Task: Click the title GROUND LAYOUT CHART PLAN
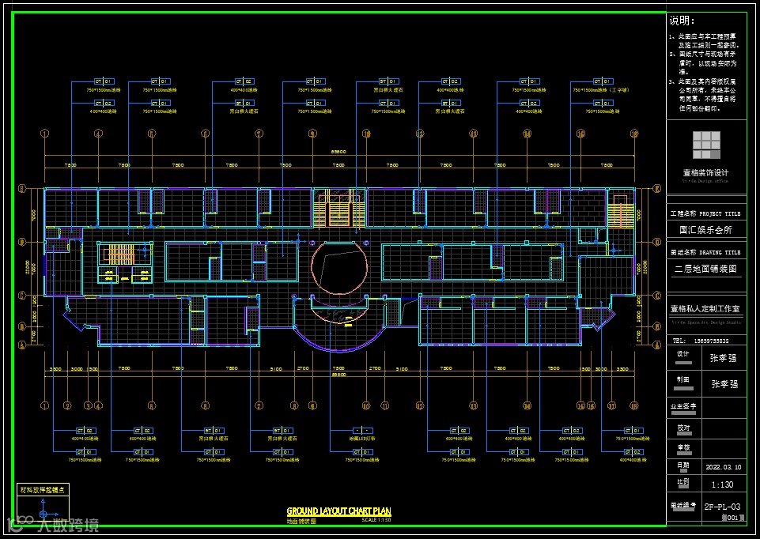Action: pos(338,512)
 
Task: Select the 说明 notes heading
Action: pos(681,21)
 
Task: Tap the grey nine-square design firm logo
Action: pos(706,145)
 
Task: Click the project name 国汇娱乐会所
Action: pos(705,231)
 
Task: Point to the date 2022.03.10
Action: pos(722,466)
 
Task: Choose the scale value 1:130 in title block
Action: pos(722,484)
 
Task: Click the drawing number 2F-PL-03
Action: pos(722,507)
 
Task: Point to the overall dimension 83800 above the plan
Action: pos(338,151)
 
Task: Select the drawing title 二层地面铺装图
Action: pos(706,269)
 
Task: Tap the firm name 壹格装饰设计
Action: pos(706,173)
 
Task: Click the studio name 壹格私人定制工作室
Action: pos(705,308)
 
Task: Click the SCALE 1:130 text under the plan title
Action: pos(376,520)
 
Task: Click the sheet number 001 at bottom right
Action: pos(732,518)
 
